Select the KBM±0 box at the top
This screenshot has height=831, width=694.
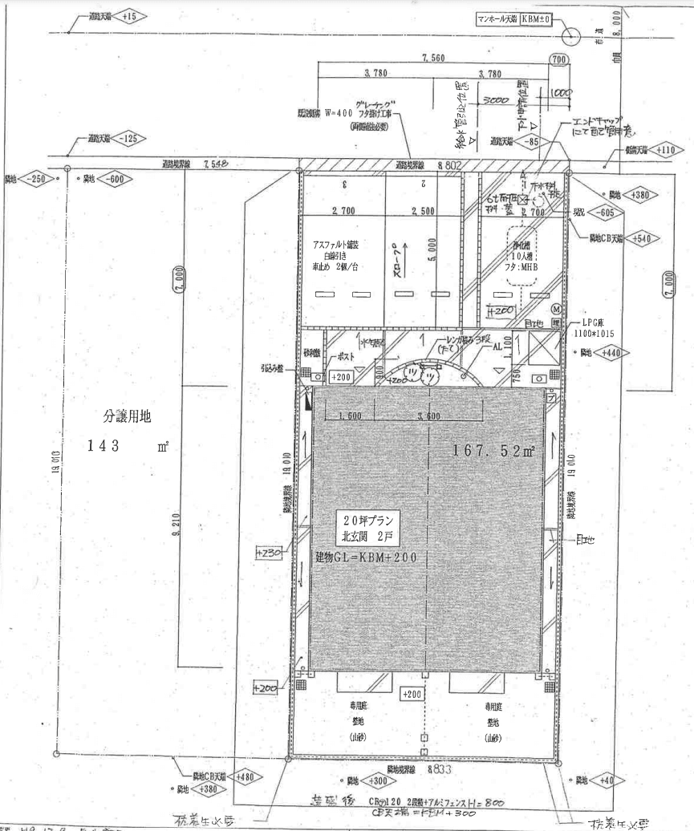(534, 18)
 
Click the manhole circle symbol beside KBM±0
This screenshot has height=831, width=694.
(570, 35)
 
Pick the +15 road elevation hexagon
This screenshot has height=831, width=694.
(130, 16)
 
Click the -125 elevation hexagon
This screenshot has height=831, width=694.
(132, 139)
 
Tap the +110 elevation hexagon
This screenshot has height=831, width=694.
(665, 149)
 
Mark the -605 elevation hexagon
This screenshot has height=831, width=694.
(604, 213)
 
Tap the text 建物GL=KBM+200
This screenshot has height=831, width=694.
(366, 556)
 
